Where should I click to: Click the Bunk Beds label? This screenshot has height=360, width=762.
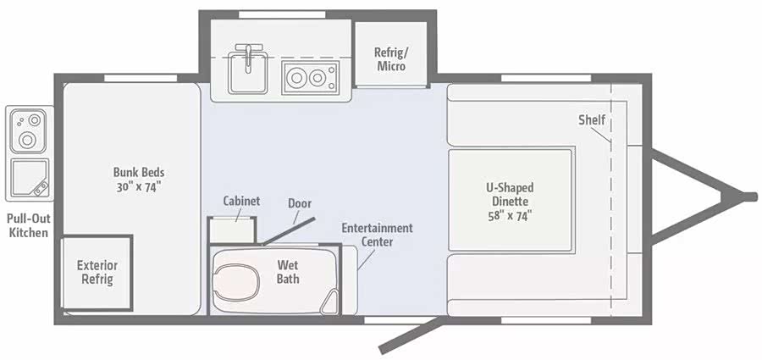point(139,180)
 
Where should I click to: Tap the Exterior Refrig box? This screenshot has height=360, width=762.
point(97,273)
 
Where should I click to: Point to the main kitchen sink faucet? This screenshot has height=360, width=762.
point(248,56)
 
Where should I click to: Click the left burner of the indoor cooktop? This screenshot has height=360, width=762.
point(295,77)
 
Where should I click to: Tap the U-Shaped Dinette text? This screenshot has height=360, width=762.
point(511,194)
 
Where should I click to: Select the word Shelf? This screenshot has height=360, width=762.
point(592,119)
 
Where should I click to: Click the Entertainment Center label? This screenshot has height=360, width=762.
point(377,235)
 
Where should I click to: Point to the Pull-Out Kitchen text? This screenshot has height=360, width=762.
point(30,225)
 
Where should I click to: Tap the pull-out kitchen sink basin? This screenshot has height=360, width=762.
point(30,178)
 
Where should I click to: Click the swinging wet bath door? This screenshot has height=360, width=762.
point(289,230)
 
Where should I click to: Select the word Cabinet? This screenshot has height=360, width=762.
point(241,201)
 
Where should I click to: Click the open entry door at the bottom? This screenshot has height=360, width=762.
point(411,335)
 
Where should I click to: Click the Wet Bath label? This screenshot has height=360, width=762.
point(288,272)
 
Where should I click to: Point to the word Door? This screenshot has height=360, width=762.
point(300,202)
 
